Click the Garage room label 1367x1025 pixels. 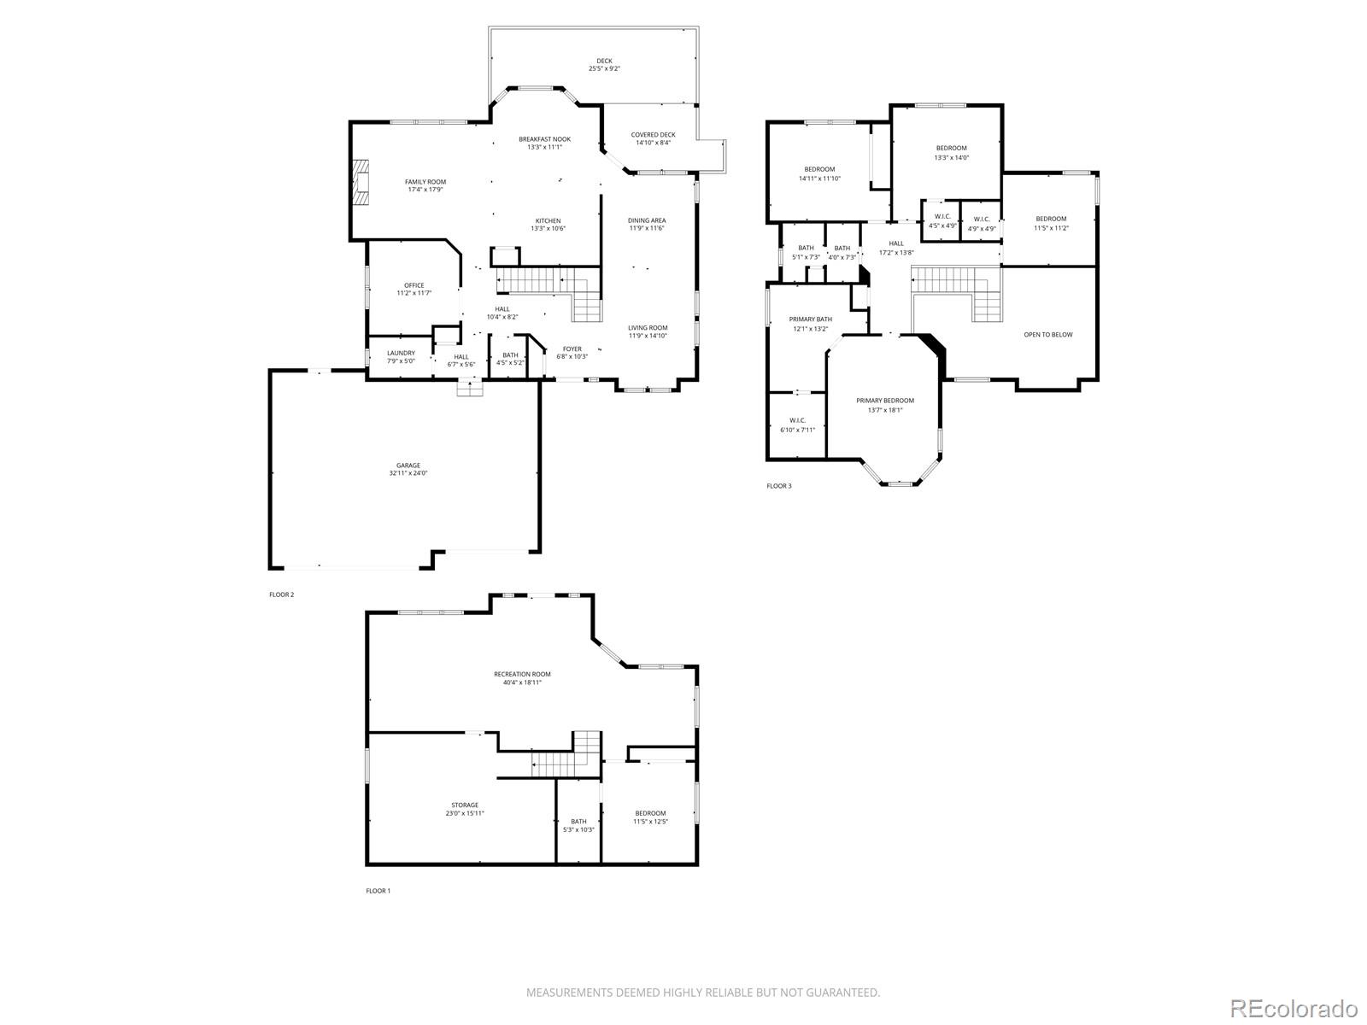[x=408, y=466]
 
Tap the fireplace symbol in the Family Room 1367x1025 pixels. [x=361, y=183]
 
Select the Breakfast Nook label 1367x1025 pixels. [x=544, y=139]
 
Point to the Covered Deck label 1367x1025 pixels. [x=653, y=135]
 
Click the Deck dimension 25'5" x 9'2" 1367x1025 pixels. [x=604, y=68]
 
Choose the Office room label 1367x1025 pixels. [x=414, y=285]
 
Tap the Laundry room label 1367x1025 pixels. [x=401, y=353]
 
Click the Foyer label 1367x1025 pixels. [x=572, y=348]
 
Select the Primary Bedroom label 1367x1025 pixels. [x=885, y=401]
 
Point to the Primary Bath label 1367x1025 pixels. [x=810, y=319]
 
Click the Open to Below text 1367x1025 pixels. [x=1047, y=335]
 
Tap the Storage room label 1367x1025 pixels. [x=465, y=805]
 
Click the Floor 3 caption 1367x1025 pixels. [x=778, y=486]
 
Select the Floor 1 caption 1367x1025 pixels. [x=378, y=891]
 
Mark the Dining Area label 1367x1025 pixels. [x=647, y=220]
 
